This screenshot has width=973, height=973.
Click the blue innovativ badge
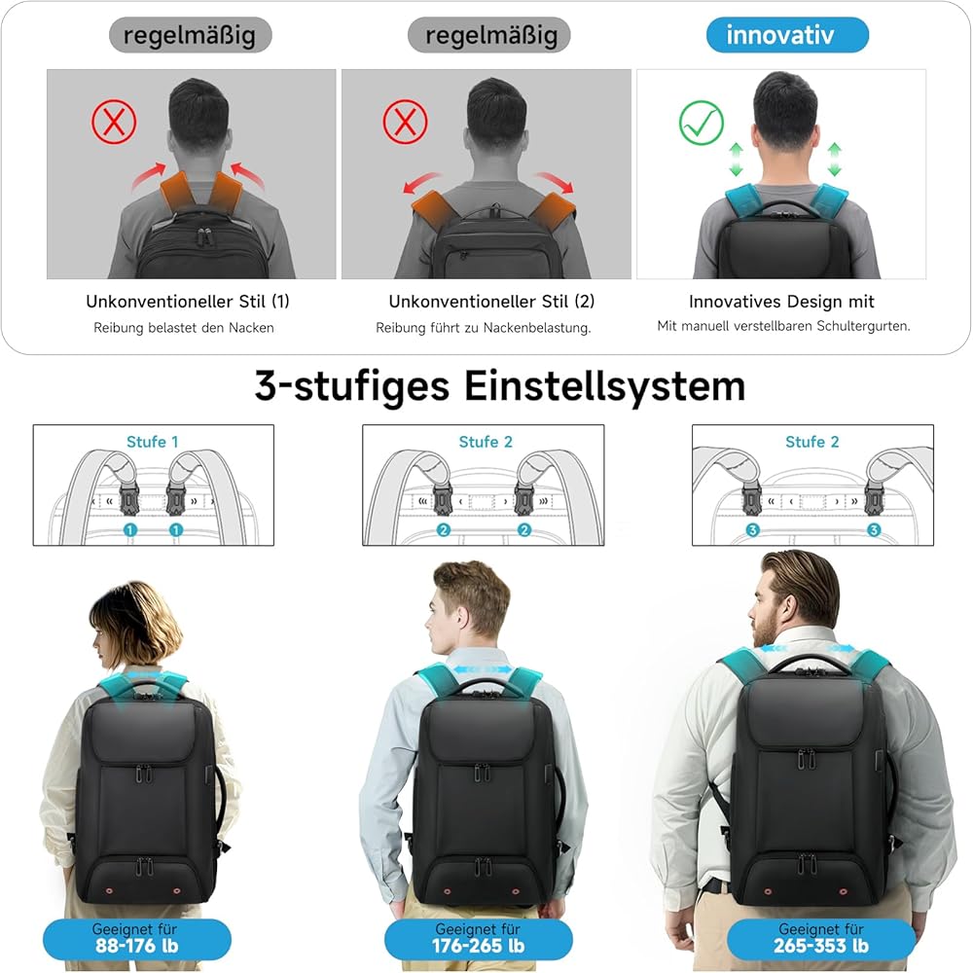coord(787,35)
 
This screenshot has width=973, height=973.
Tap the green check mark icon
coord(702,123)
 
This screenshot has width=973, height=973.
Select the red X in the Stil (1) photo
coord(114,121)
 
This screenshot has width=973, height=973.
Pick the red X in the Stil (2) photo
coord(405,122)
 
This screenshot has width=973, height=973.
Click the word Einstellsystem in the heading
coord(604,386)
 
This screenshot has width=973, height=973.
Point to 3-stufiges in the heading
coord(352,387)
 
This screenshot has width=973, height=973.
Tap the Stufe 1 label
coord(153,442)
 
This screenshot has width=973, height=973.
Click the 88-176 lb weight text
coord(136,946)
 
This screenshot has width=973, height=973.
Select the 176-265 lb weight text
coord(478,946)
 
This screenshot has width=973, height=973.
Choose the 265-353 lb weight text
coord(820,946)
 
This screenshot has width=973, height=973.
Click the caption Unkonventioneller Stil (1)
coord(188,302)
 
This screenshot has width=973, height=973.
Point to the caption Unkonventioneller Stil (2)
coord(491,302)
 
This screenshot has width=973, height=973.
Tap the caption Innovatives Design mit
coord(781,302)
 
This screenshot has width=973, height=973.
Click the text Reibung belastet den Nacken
coord(184,328)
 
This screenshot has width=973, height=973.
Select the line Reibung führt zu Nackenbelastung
coord(484,328)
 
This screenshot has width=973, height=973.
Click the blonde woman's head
coord(135,628)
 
